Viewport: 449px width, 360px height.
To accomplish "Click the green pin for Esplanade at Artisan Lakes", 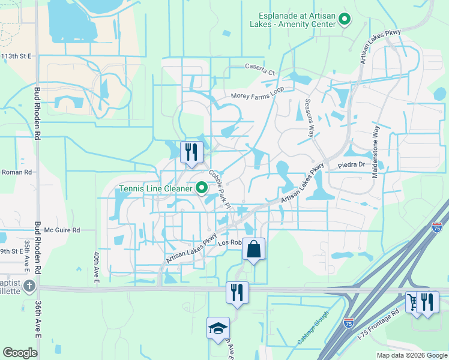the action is click(x=345, y=20).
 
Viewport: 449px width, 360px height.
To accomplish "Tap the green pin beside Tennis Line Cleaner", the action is click(x=202, y=188).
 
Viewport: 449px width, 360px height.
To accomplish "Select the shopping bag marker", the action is click(x=253, y=248).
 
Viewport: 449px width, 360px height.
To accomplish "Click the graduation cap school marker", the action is click(x=218, y=328).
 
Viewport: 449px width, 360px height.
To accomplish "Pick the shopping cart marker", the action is click(x=412, y=302).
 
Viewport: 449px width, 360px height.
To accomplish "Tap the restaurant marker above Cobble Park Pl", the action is click(x=191, y=152).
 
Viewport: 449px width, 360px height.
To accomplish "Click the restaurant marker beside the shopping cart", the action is click(x=427, y=302).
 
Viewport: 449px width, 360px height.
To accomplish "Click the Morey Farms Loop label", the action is click(x=258, y=96).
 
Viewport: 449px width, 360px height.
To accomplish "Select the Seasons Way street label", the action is click(x=310, y=118).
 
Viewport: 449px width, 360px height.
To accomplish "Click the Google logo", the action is click(x=20, y=353).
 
